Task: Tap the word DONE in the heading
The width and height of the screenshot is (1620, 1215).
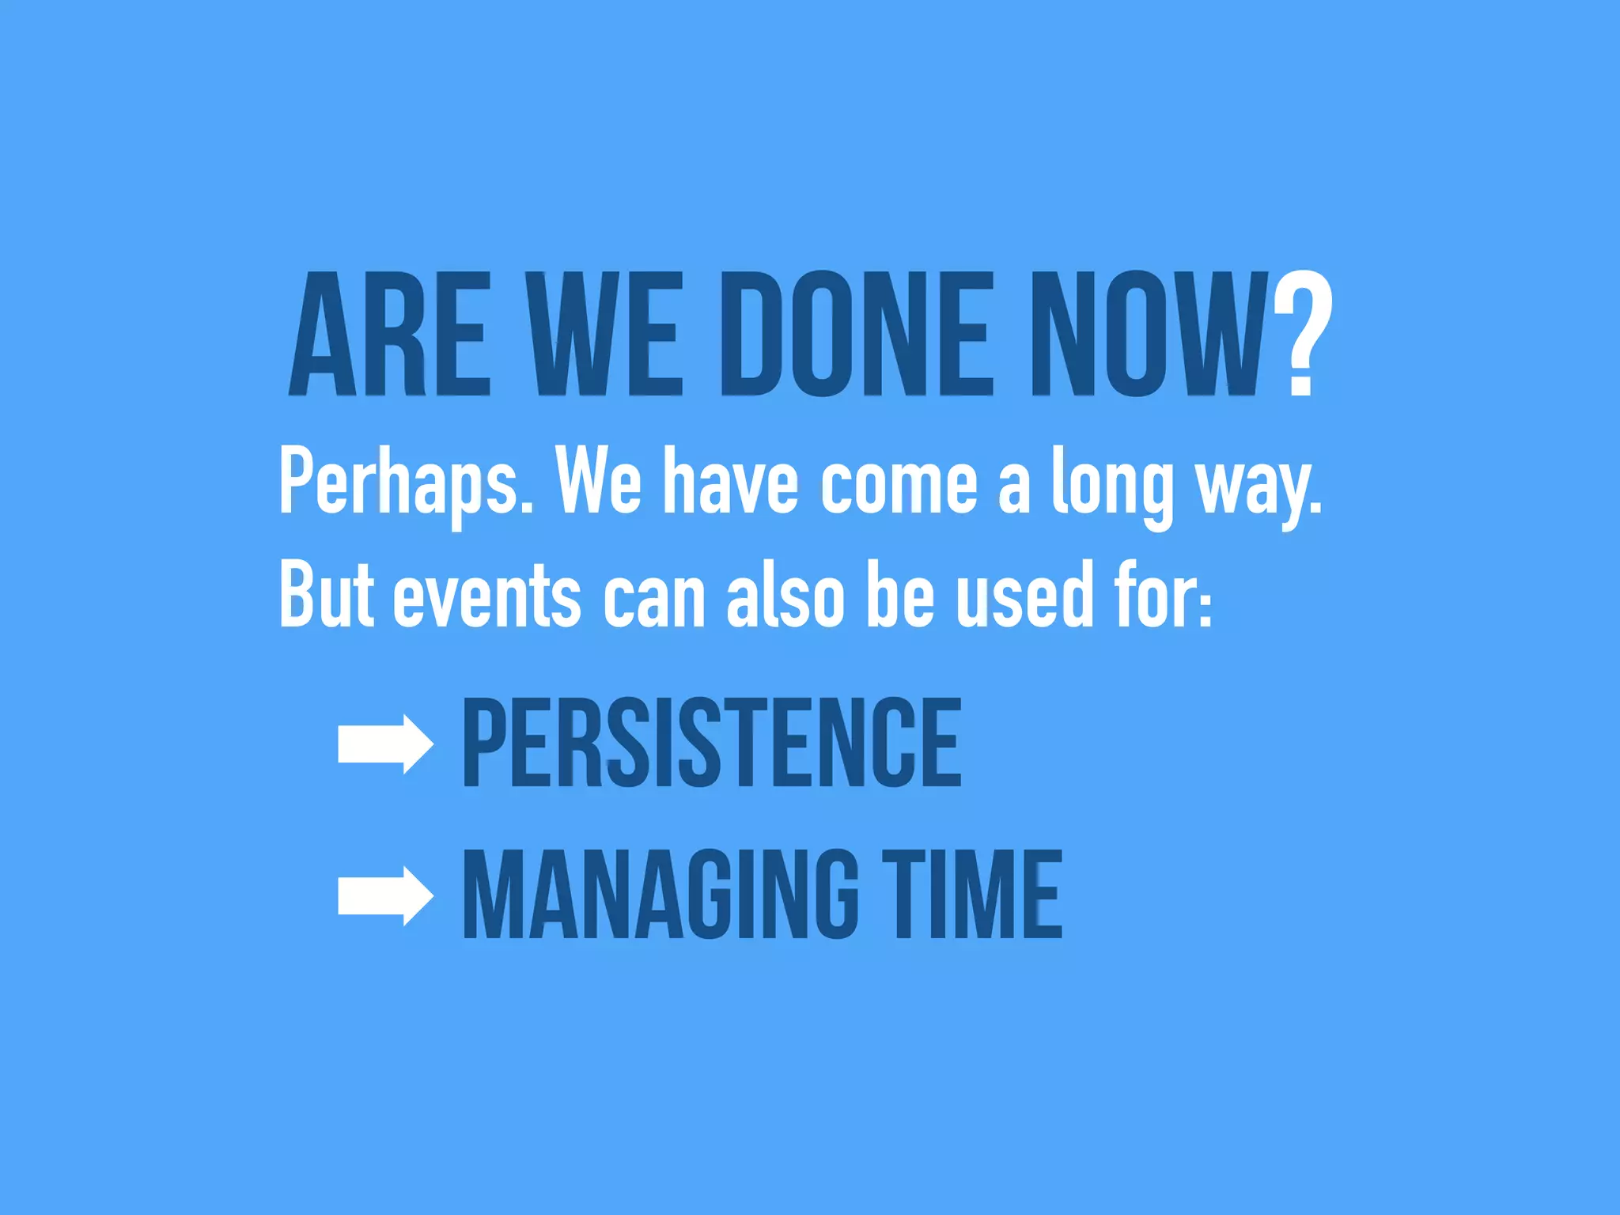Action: pyautogui.click(x=857, y=334)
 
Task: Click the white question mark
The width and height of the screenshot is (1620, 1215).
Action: pyautogui.click(x=1303, y=334)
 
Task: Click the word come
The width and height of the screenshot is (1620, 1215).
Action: pyautogui.click(x=899, y=483)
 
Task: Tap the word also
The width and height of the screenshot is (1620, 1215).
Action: pyautogui.click(x=785, y=595)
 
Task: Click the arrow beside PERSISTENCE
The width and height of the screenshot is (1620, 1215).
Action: pyautogui.click(x=385, y=744)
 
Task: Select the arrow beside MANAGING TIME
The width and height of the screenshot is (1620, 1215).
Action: pyautogui.click(x=385, y=895)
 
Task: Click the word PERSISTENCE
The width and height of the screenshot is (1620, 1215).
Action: pyautogui.click(x=712, y=743)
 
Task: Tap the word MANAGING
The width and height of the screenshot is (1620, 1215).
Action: pyautogui.click(x=660, y=895)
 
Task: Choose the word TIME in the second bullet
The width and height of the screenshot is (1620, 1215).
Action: pyautogui.click(x=972, y=895)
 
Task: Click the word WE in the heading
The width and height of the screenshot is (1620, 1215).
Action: pyautogui.click(x=605, y=334)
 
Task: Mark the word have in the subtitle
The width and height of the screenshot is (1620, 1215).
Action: pyautogui.click(x=730, y=483)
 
